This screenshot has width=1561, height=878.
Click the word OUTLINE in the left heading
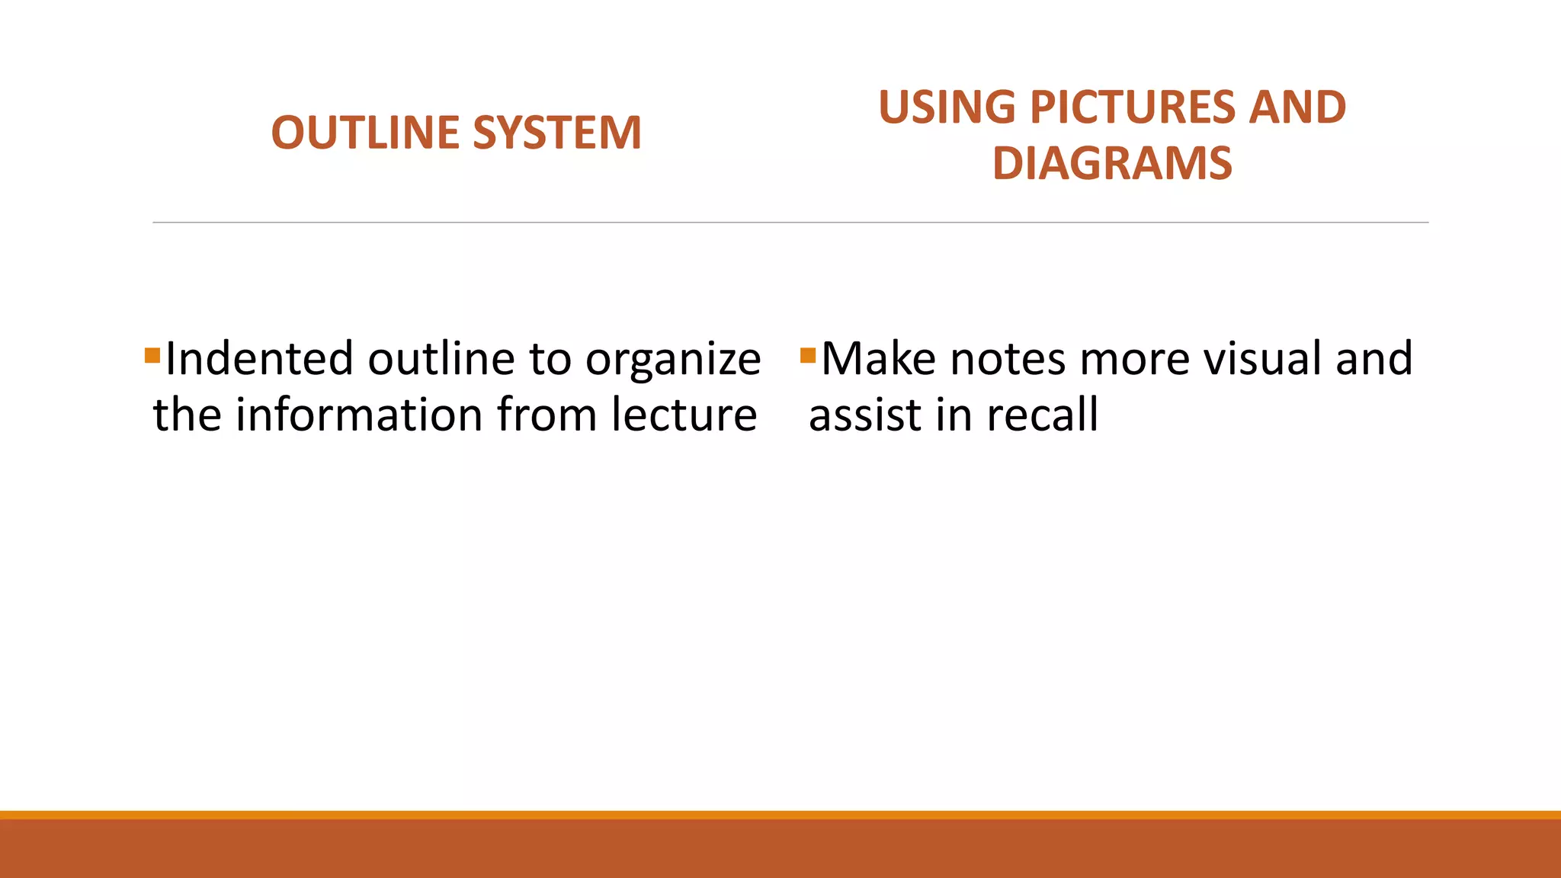(365, 133)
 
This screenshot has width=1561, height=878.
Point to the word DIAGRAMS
(1112, 163)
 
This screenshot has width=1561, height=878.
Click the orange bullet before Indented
(152, 355)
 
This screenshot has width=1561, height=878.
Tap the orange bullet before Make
(809, 355)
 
